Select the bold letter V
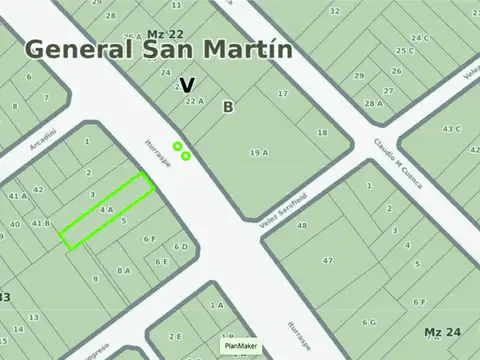pyautogui.click(x=187, y=85)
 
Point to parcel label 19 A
pyautogui.click(x=259, y=152)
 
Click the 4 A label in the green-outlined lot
pyautogui.click(x=107, y=209)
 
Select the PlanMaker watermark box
pyautogui.click(x=241, y=346)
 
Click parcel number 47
pyautogui.click(x=328, y=260)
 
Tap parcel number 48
pyautogui.click(x=302, y=226)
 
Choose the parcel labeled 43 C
pyautogui.click(x=452, y=128)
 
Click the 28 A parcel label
pyautogui.click(x=373, y=103)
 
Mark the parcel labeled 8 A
pyautogui.click(x=124, y=270)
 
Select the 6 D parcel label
pyautogui.click(x=180, y=246)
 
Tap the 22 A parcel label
pyautogui.click(x=194, y=101)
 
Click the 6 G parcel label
pyautogui.click(x=369, y=323)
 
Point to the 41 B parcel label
pyautogui.click(x=40, y=223)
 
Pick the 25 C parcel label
pyautogui.click(x=404, y=50)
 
